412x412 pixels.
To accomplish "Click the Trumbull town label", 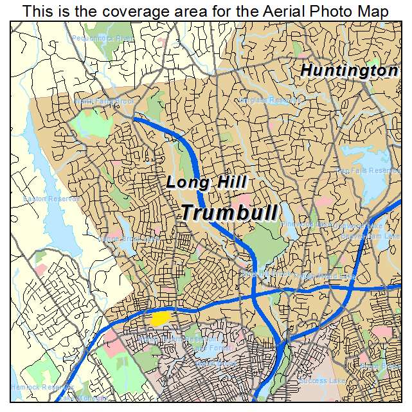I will [229, 212].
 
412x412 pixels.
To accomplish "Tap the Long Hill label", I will [206, 183].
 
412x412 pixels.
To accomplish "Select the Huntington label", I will [350, 71].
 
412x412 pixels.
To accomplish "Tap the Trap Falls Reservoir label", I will [368, 171].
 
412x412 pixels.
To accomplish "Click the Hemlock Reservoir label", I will [32, 388].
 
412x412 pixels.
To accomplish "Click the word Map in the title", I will [373, 12].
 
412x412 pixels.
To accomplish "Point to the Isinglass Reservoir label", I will [270, 100].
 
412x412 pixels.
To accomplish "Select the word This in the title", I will [36, 12].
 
